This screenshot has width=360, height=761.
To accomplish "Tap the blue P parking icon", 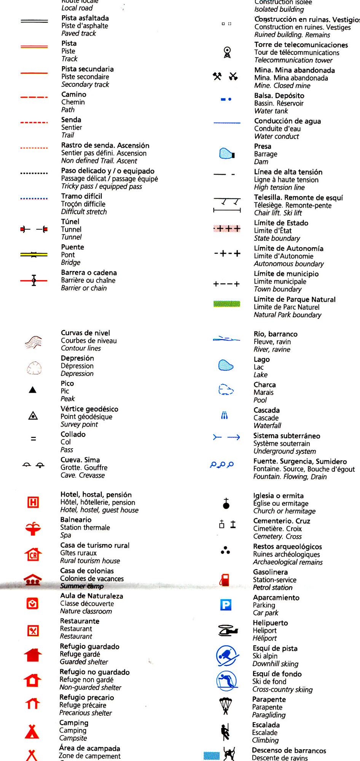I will click(226, 604).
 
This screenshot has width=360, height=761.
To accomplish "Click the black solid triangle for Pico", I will click(33, 390).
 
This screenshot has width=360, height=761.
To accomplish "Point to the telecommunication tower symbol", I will click(227, 52).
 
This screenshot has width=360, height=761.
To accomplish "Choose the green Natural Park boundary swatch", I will click(226, 304).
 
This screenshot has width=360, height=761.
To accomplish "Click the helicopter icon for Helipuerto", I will click(227, 630).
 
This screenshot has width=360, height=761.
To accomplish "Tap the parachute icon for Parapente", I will click(226, 705).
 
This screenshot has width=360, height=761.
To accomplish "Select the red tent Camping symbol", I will click(32, 731).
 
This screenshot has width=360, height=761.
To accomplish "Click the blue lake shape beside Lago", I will click(226, 365).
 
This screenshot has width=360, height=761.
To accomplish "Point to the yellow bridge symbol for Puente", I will click(34, 255).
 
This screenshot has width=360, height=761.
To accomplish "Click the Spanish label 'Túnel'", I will click(70, 221).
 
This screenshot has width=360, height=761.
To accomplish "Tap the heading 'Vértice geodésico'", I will click(89, 409).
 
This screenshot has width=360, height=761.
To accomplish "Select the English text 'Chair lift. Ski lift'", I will click(278, 213).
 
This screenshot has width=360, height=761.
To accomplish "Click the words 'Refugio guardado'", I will click(90, 646).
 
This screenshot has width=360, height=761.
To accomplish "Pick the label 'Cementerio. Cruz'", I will click(282, 521).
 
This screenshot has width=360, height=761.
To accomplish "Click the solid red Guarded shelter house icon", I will click(33, 655).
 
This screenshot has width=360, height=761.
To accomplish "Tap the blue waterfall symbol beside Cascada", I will click(225, 416).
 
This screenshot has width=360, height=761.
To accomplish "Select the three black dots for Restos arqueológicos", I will click(225, 550).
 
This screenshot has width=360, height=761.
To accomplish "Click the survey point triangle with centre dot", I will click(33, 416).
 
